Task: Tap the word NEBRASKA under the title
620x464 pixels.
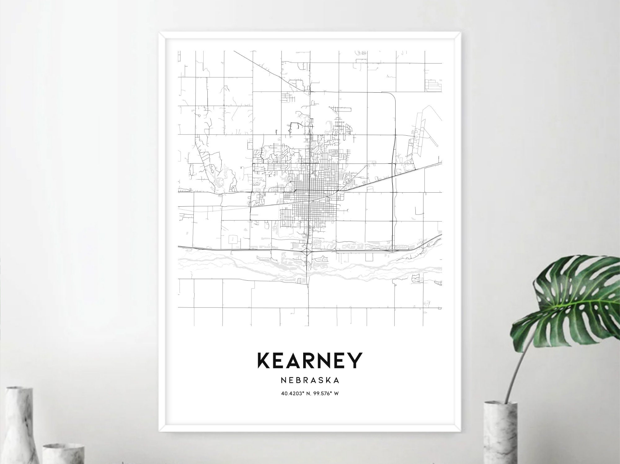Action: (x=310, y=380)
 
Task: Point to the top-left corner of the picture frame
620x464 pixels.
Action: (x=160, y=33)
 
